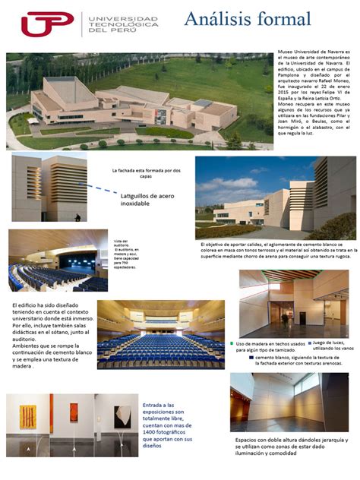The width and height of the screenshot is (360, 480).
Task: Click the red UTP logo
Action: pos(47,24)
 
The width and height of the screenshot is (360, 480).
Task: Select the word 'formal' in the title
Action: pos(284,19)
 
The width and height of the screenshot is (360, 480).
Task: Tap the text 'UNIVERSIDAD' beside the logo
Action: pos(124,18)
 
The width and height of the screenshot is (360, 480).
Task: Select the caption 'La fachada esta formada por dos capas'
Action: pos(145,174)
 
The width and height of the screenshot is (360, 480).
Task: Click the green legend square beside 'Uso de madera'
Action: pos(231,344)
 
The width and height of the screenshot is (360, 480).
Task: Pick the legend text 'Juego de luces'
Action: pos(332,344)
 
